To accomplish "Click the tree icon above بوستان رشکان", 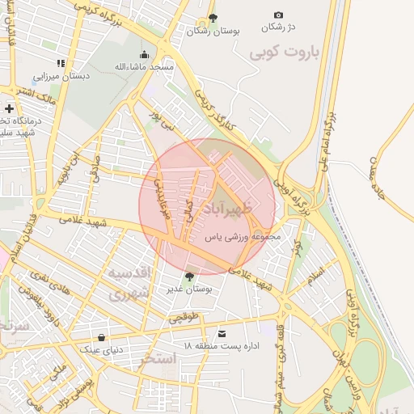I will pyautogui.click(x=213, y=17).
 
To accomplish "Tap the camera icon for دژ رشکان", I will pyautogui.click(x=278, y=15).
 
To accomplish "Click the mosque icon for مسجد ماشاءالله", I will pyautogui.click(x=144, y=54).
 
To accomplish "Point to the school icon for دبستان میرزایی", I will pyautogui.click(x=61, y=63).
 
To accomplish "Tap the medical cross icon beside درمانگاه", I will pyautogui.click(x=9, y=108).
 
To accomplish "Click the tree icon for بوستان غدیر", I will pyautogui.click(x=189, y=277).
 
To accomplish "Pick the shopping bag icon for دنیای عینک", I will pyautogui.click(x=100, y=337).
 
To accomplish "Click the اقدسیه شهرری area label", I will pyautogui.click(x=129, y=282).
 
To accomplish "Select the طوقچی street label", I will pyautogui.click(x=184, y=319).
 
